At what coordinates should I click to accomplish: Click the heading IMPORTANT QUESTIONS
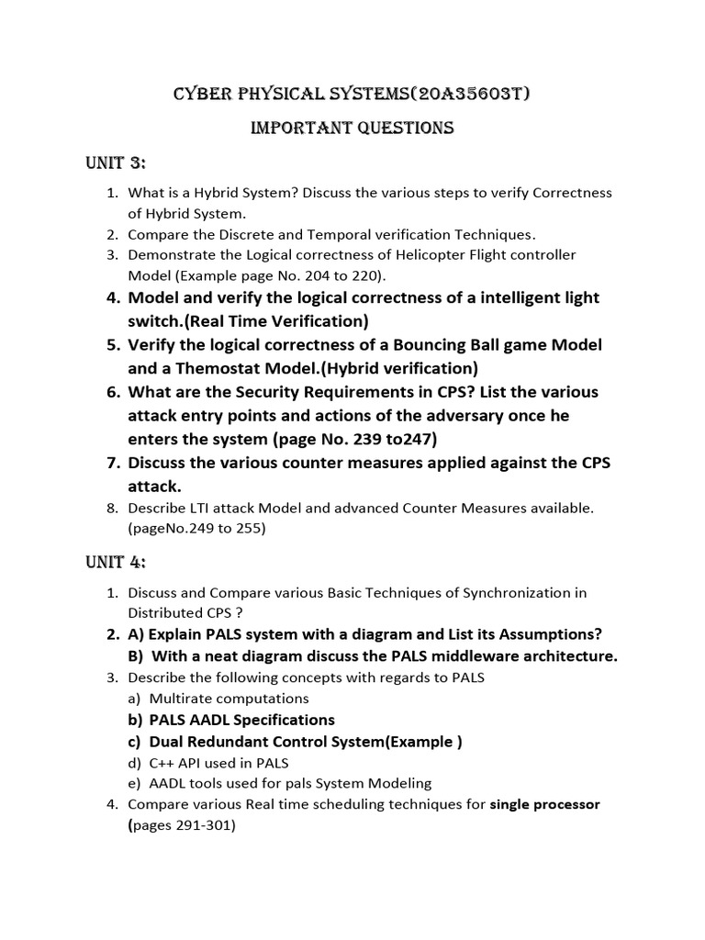pos(352,129)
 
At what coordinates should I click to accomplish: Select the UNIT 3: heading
pos(115,163)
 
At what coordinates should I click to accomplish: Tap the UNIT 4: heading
pos(115,562)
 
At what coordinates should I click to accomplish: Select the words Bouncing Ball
pos(444,345)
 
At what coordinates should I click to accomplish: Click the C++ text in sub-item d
pos(162,763)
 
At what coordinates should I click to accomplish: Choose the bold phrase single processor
pos(544,805)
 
